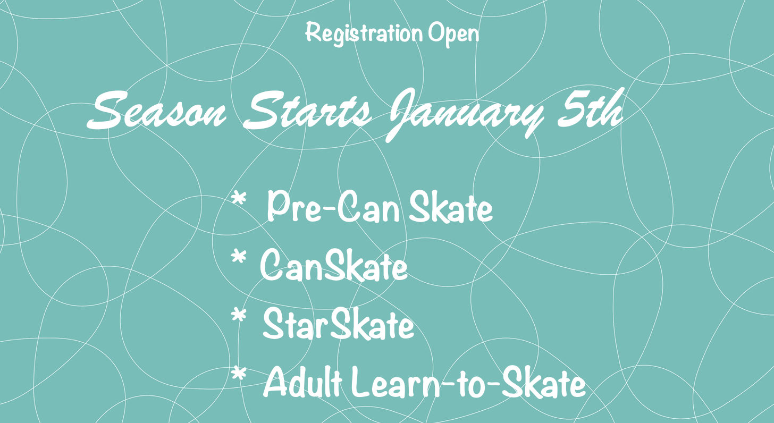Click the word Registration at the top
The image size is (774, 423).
pos(364,33)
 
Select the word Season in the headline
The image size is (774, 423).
pos(156,111)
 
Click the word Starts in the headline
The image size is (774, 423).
pos(307,110)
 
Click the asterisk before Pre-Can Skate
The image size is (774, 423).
pos(239,199)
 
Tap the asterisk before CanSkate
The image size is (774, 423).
pos(239,257)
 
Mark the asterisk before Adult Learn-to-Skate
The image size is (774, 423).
pos(239,374)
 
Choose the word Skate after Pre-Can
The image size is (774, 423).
pos(451,207)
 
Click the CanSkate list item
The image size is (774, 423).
pos(334,265)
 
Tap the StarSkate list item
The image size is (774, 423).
pos(338,324)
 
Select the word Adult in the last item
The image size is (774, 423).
pos(302,382)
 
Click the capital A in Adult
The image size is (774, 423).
pos(276,382)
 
